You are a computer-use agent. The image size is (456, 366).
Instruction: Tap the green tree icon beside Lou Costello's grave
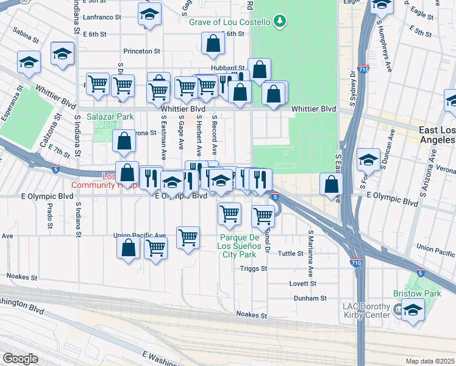click(x=280, y=22)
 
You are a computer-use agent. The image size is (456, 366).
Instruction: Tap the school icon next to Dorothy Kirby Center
click(x=413, y=310)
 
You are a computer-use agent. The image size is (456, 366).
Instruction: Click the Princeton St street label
click(x=141, y=51)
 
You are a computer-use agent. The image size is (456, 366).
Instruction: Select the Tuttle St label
click(x=291, y=253)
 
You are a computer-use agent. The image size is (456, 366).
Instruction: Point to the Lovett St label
click(x=302, y=284)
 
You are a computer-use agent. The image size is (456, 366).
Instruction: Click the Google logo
click(x=20, y=359)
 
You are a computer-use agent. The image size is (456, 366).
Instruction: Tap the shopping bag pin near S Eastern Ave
click(x=331, y=185)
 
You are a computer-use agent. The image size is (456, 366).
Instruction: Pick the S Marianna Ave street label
click(x=310, y=253)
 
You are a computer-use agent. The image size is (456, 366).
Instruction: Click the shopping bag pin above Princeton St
click(x=213, y=44)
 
